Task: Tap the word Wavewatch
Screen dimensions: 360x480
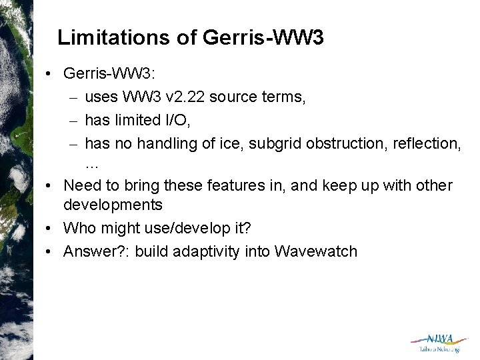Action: click(315, 251)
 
